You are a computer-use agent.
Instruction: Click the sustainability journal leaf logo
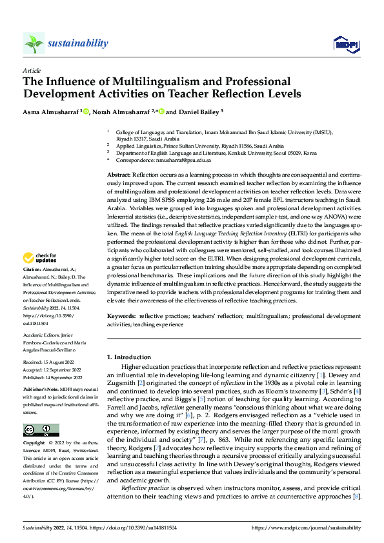coord(34,43)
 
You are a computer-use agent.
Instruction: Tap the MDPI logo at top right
coord(345,43)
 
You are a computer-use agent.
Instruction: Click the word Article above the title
coord(32,70)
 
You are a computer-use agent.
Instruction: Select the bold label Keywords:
coord(122,317)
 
